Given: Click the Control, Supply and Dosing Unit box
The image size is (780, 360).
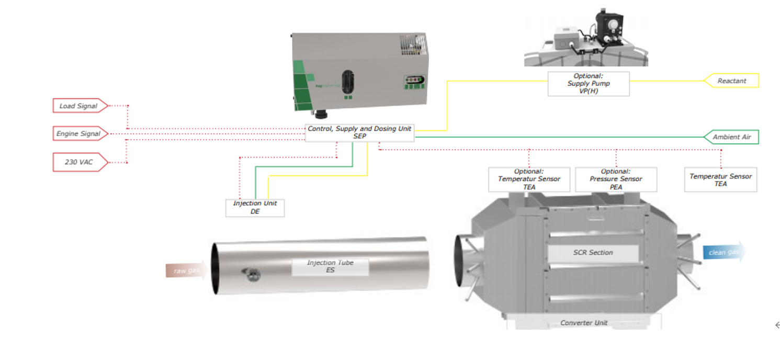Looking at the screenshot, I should point(359,132).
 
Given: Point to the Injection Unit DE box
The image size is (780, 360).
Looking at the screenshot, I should point(255,207).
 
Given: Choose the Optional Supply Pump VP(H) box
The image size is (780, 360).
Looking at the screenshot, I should point(588,84).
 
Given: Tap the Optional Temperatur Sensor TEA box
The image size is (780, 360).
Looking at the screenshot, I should point(529,179).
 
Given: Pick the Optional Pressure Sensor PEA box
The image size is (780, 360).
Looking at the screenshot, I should point(616,179).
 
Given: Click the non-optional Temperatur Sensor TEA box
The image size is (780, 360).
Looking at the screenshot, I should point(720,179).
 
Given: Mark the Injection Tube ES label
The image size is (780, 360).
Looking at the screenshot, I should point(330,266).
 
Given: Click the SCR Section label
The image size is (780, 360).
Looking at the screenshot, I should point(593,253).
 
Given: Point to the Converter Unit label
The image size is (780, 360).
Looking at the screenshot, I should point(584,323).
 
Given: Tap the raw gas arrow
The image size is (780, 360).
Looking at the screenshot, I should point(186,271).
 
